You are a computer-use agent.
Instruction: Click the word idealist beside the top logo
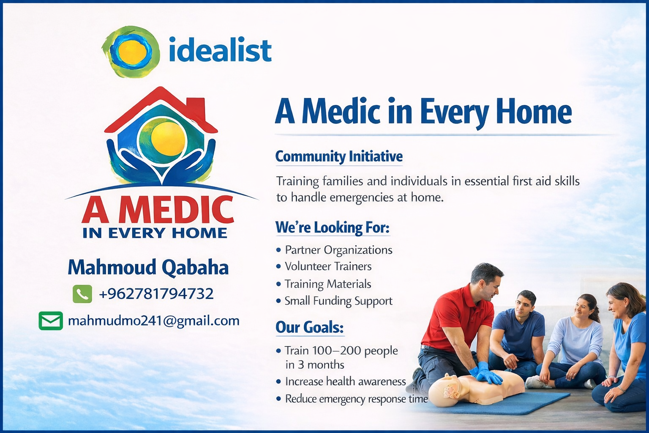click(220, 50)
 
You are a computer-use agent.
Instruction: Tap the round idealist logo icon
click(131, 52)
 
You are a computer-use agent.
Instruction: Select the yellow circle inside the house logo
click(168, 139)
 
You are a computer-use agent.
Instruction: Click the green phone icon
click(82, 294)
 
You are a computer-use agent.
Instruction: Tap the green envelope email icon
click(51, 321)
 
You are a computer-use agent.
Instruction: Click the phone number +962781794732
click(156, 294)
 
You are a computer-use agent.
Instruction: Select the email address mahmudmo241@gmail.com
click(153, 321)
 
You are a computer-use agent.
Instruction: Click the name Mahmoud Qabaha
click(148, 267)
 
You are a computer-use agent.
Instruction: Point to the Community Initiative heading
click(339, 156)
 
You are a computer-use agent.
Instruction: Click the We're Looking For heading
click(333, 227)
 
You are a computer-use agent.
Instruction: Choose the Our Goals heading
click(310, 328)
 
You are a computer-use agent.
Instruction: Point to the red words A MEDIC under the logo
click(158, 209)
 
